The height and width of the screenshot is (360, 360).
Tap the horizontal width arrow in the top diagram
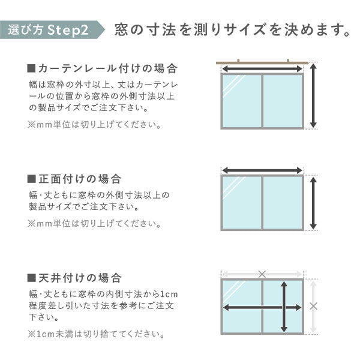pyautogui.click(x=262, y=70)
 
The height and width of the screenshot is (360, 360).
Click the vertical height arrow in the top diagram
pyautogui.click(x=313, y=96)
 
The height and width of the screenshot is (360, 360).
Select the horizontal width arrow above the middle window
pyautogui.click(x=262, y=170)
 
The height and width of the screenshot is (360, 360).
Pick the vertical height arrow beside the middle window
pyautogui.click(x=313, y=203)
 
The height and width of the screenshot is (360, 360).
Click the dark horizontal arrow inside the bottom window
pyautogui.click(x=262, y=307)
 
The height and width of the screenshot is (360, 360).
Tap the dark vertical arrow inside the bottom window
pyautogui.click(x=283, y=307)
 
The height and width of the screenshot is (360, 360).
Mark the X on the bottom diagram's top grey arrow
pyautogui.click(x=262, y=274)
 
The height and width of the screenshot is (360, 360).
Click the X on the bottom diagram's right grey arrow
pyautogui.click(x=313, y=306)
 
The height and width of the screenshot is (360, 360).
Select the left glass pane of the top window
pyautogui.click(x=242, y=101)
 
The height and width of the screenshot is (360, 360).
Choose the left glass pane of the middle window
pyautogui.click(x=242, y=203)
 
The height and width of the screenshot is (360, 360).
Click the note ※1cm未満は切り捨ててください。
pyautogui.click(x=95, y=334)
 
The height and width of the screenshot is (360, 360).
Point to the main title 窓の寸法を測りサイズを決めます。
pyautogui.click(x=232, y=29)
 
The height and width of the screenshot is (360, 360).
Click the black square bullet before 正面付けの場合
pyautogui.click(x=32, y=179)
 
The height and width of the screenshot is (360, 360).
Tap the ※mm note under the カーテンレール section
pyautogui.click(x=94, y=125)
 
